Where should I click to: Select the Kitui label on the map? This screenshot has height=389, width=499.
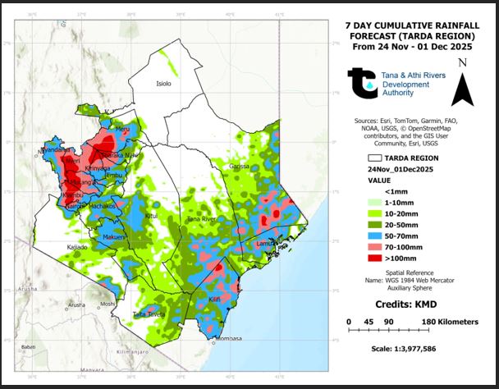(x=150, y=216)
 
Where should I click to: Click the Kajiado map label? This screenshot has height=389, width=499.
(x=77, y=246)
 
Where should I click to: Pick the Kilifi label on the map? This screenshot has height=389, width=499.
(x=215, y=300)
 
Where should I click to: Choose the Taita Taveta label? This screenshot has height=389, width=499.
(x=149, y=313)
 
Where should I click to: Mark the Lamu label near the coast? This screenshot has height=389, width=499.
(x=264, y=244)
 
